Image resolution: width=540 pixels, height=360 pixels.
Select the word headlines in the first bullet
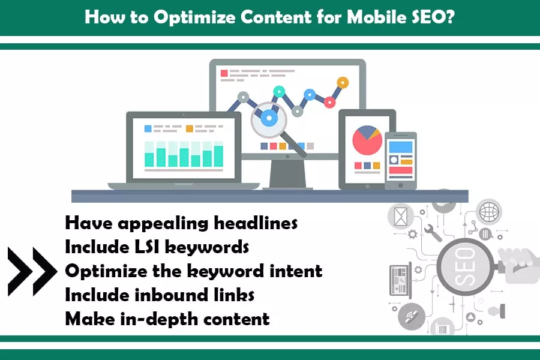(x=256, y=223)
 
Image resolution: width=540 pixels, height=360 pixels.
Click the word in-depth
(x=160, y=319)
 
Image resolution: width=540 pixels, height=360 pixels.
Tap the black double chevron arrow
(x=32, y=272)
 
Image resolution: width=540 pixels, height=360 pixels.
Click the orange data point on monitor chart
(x=343, y=83)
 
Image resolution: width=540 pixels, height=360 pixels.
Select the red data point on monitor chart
(x=329, y=102)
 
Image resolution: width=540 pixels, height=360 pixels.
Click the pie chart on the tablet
(x=367, y=140)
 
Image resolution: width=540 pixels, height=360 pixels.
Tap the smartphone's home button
(x=401, y=185)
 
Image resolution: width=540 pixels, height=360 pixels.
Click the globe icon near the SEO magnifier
(x=489, y=212)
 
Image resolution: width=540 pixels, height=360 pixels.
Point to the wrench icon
(x=433, y=233)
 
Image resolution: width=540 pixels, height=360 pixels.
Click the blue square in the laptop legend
(x=148, y=128)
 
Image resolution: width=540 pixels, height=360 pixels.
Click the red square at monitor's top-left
(x=224, y=73)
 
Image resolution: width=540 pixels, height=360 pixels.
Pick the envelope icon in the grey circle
(x=401, y=217)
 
